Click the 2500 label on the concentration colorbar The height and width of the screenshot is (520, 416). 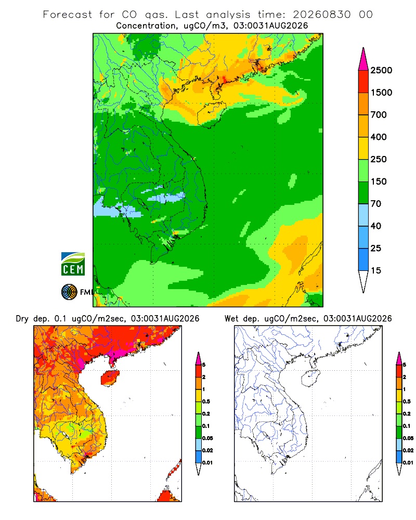381,70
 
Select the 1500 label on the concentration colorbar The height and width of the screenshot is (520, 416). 381,93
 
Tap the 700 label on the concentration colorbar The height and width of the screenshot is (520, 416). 379,115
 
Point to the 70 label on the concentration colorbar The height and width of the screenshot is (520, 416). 376,204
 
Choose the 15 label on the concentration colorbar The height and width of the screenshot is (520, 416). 376,270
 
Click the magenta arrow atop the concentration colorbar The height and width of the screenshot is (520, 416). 363,59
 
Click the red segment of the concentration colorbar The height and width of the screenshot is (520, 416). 363,82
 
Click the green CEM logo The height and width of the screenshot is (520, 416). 73,264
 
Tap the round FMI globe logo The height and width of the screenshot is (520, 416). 69,292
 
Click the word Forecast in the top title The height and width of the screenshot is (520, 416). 68,15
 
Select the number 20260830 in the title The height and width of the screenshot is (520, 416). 321,15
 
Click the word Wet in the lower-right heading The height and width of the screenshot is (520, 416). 231,319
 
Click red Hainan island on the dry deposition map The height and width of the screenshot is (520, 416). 110,379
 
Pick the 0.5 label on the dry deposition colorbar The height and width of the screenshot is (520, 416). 206,401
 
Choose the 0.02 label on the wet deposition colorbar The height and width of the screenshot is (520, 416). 408,450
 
